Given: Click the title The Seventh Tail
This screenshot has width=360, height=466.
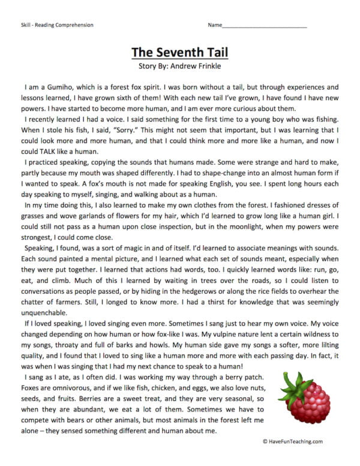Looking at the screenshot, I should pos(179,51).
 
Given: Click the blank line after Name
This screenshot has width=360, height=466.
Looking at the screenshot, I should pos(264,26).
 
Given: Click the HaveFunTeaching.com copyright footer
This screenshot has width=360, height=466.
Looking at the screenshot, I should pos(292,441).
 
